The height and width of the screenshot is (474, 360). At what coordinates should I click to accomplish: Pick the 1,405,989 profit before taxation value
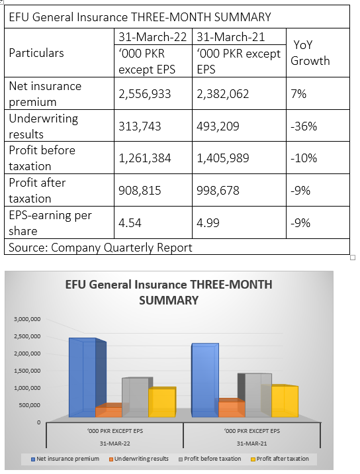223,158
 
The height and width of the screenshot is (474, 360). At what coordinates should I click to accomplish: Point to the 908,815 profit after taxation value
140,191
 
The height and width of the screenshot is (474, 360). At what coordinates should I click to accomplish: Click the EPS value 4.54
130,223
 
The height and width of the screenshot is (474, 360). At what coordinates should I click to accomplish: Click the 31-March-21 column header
231,37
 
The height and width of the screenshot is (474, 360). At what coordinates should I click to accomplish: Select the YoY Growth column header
310,52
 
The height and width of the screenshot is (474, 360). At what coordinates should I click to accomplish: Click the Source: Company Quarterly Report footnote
101,248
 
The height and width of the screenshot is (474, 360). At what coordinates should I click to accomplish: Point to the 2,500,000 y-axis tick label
27,336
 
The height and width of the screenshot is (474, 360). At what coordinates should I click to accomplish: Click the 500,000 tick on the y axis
30,405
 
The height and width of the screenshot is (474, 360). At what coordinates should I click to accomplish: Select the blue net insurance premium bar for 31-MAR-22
83,377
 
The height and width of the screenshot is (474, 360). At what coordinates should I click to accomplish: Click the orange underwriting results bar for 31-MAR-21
232,408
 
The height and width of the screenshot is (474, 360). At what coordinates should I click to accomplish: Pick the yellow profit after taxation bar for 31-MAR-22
162,403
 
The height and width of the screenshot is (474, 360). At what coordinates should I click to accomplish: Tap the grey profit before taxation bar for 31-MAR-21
259,395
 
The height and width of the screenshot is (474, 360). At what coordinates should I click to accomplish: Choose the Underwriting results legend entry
139,459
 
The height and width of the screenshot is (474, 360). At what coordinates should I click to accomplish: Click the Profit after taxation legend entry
280,459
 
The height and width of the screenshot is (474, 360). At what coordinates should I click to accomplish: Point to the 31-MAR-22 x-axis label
115,444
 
